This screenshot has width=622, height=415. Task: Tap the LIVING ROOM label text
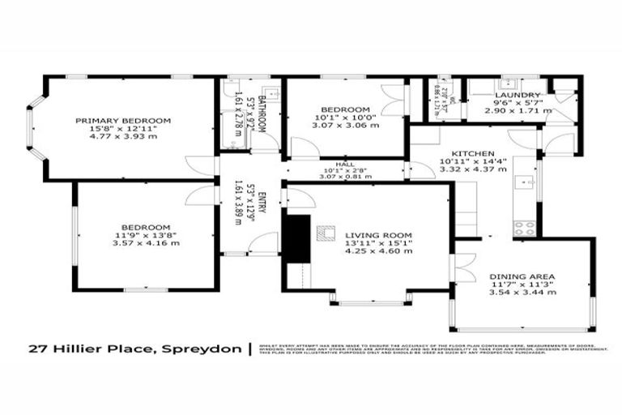(363, 233)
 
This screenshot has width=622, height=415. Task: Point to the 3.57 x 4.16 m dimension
(146, 243)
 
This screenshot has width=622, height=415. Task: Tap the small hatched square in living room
(324, 233)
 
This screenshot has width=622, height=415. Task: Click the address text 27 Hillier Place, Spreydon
(134, 350)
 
